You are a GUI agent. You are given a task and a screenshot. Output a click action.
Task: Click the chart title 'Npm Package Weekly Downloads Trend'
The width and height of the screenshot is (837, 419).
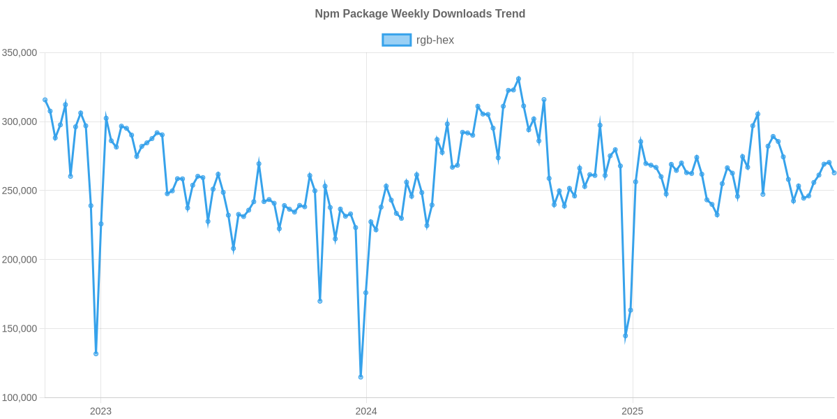pyautogui.click(x=419, y=13)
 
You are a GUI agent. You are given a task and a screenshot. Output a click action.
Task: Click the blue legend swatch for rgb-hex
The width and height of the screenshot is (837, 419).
pyautogui.click(x=396, y=40)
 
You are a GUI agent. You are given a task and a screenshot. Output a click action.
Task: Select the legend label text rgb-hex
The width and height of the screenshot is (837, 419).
pyautogui.click(x=435, y=40)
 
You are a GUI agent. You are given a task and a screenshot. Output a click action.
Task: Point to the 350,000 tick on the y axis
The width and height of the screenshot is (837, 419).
pyautogui.click(x=20, y=53)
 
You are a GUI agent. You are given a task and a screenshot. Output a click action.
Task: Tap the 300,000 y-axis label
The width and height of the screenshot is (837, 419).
pyautogui.click(x=20, y=122)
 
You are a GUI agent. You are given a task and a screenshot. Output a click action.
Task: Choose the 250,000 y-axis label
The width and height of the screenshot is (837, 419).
pyautogui.click(x=20, y=191)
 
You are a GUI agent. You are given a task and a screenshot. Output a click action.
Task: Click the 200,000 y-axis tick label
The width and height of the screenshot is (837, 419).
pyautogui.click(x=20, y=260)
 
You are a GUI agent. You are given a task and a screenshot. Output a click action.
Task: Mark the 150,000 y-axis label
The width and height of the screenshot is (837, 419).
pyautogui.click(x=20, y=329)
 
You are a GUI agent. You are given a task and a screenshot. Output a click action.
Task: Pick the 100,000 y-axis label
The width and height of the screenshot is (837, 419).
pyautogui.click(x=20, y=398)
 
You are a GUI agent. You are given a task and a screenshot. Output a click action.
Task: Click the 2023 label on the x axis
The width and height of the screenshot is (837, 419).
pyautogui.click(x=100, y=411)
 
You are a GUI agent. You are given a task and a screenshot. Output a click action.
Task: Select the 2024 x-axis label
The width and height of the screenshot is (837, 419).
pyautogui.click(x=365, y=411)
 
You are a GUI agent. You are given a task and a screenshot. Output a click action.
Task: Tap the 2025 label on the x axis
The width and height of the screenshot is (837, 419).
pyautogui.click(x=632, y=411)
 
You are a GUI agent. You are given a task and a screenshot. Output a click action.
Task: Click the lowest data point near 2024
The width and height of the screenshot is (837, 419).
pyautogui.click(x=361, y=377)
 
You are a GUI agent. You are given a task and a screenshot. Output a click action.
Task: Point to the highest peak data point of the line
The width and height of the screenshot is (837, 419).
pyautogui.click(x=518, y=78)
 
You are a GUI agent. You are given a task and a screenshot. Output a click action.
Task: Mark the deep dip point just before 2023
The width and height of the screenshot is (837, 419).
pyautogui.click(x=96, y=354)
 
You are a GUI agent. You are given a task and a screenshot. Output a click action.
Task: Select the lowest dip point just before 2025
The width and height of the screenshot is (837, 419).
pyautogui.click(x=626, y=337)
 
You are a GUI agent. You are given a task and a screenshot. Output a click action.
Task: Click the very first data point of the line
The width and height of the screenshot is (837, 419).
pyautogui.click(x=45, y=100)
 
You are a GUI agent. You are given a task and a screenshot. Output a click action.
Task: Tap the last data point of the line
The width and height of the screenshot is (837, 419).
pyautogui.click(x=834, y=173)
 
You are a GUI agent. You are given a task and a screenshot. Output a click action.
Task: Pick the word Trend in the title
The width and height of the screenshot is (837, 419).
pyautogui.click(x=511, y=13)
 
